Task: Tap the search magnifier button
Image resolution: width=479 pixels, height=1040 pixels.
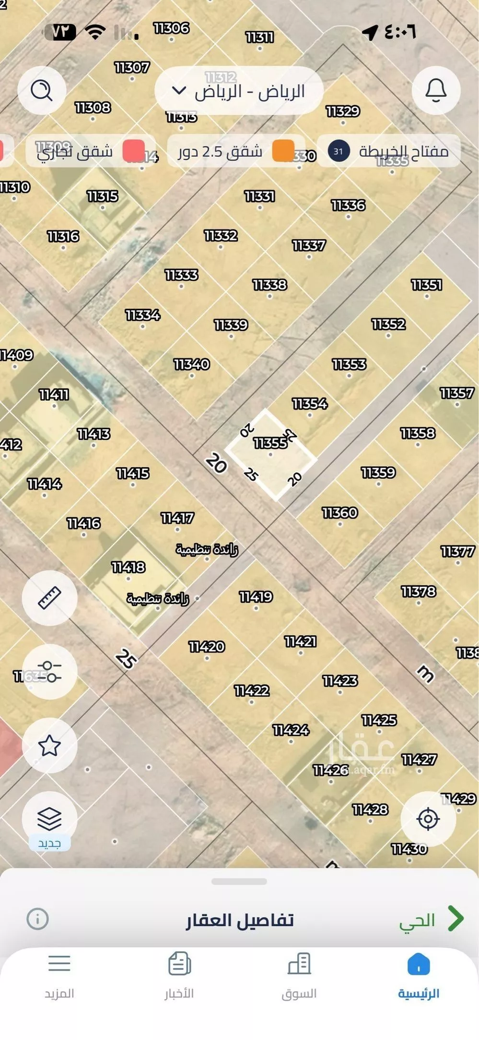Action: [x=42, y=90]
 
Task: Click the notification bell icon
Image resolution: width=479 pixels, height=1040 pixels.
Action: [x=436, y=90]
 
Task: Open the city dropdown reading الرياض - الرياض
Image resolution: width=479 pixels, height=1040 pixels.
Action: [x=239, y=91]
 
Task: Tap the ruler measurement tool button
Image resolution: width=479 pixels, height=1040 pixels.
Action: [x=49, y=598]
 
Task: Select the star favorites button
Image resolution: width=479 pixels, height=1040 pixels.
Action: [x=49, y=745]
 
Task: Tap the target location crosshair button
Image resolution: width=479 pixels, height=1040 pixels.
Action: [x=428, y=819]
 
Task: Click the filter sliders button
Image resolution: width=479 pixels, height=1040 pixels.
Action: [x=49, y=671]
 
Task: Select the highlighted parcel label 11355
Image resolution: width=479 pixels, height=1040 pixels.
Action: [x=270, y=443]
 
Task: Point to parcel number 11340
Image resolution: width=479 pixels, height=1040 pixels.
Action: [x=192, y=364]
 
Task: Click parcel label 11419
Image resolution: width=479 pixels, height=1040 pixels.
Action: [x=256, y=597]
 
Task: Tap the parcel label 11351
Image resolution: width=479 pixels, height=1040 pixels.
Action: [x=426, y=285]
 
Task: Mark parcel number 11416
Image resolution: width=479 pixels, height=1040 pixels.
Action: [x=84, y=523]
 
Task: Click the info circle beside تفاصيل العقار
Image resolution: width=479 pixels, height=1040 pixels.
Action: [x=37, y=919]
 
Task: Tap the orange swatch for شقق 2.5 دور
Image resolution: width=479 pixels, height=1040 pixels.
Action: [x=283, y=151]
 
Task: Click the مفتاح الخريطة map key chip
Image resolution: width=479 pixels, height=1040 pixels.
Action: [x=389, y=151]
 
